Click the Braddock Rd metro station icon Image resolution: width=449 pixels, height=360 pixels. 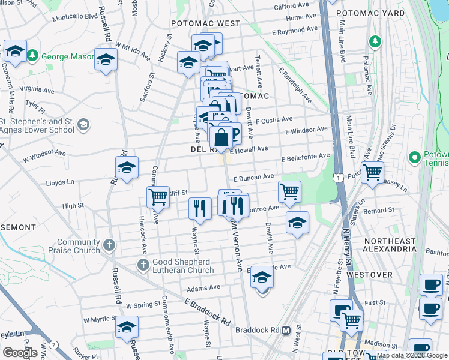(x=286, y=330)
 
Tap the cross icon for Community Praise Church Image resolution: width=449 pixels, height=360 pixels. (x=109, y=245)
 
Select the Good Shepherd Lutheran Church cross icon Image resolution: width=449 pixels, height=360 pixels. (x=143, y=265)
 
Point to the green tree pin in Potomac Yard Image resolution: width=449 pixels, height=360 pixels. (x=375, y=41)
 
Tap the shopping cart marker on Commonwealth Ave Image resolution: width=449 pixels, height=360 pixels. (x=158, y=196)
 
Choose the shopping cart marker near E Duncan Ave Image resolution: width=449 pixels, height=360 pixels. (x=289, y=191)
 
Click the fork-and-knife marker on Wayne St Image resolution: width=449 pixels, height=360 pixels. (x=200, y=208)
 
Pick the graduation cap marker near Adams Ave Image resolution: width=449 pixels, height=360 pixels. (x=262, y=277)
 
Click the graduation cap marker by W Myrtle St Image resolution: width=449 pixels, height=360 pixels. (x=127, y=328)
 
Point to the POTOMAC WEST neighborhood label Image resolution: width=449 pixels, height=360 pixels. (x=205, y=23)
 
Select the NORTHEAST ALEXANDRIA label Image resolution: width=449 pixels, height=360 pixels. (x=390, y=245)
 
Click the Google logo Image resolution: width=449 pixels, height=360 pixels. (x=20, y=353)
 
